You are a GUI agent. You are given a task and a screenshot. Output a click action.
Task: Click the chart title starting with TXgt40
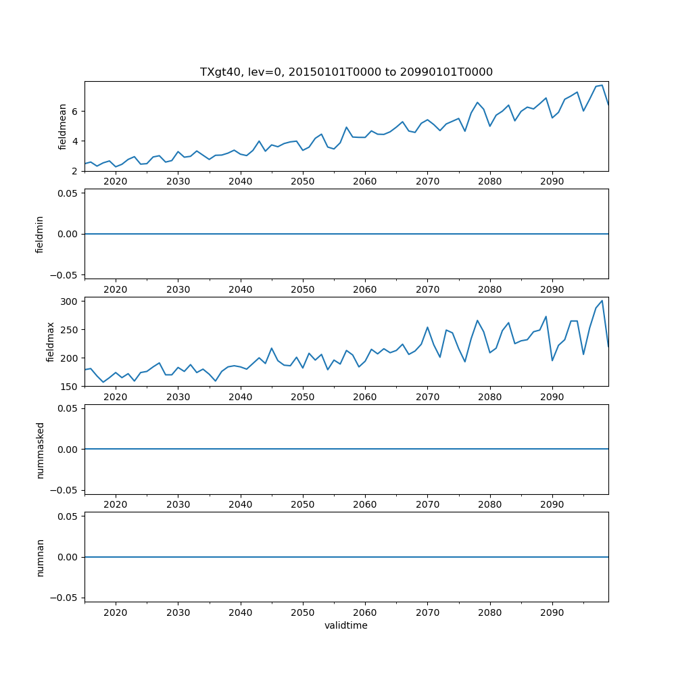(346, 72)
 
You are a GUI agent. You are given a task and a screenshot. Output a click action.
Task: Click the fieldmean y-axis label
(62, 126)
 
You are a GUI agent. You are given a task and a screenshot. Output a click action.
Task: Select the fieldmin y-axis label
(40, 234)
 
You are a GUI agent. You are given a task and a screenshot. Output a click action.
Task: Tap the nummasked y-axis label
(40, 450)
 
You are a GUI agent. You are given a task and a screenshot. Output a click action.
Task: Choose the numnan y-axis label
(40, 557)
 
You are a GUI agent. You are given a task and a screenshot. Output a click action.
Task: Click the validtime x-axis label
(346, 626)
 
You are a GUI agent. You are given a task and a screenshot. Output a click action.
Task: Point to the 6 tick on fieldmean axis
(76, 111)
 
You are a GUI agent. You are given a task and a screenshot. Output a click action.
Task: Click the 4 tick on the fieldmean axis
(76, 141)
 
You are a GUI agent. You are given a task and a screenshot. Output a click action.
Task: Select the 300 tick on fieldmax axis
(70, 301)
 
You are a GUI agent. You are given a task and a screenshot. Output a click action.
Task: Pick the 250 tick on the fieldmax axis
(70, 329)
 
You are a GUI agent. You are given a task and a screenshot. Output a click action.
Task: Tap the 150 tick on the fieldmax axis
(70, 387)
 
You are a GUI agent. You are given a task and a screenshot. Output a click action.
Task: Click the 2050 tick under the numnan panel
(303, 612)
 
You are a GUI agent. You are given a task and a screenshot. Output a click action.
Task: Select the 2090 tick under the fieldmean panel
(552, 181)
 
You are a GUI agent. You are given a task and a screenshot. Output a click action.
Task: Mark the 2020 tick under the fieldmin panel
(116, 289)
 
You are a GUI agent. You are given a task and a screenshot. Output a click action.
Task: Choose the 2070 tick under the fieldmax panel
(427, 397)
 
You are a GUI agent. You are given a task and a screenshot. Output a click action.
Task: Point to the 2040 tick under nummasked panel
(241, 504)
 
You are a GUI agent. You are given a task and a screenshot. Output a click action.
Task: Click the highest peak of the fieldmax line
(602, 300)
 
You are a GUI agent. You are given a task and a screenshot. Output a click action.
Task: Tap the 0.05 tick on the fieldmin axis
(68, 193)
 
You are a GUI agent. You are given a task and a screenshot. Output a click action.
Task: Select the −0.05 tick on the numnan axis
(65, 598)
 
